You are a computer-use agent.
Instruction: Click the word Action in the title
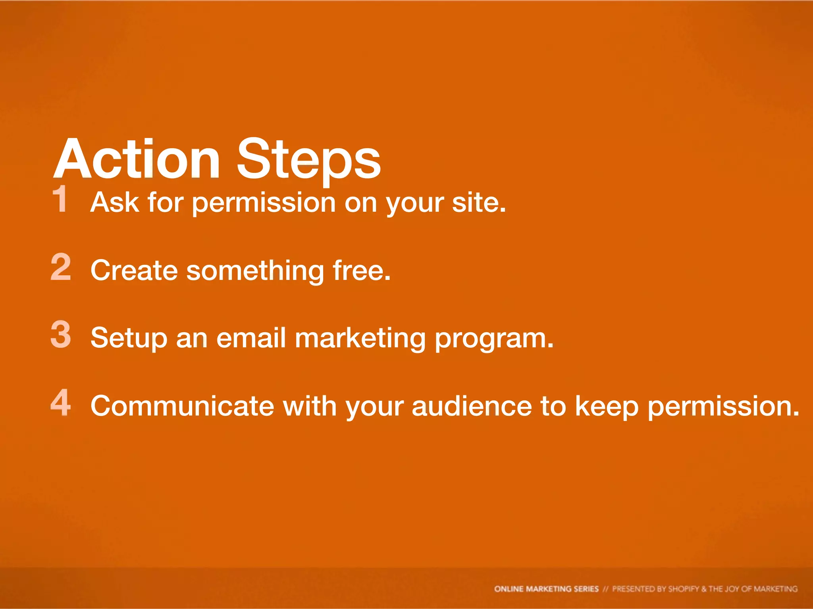click(x=137, y=159)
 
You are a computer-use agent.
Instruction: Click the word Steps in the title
click(x=308, y=159)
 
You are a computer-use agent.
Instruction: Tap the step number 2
click(x=61, y=267)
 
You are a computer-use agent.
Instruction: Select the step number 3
click(x=61, y=335)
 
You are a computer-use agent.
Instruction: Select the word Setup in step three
click(x=129, y=339)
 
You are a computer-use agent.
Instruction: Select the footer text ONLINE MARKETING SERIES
click(x=546, y=589)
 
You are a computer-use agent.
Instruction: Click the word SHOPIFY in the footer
click(x=683, y=589)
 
